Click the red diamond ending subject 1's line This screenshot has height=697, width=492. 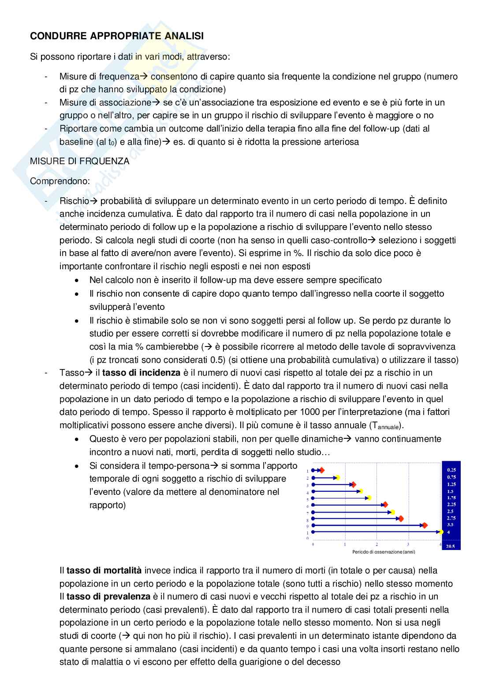coord(322,470)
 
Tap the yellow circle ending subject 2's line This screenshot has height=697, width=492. coord(338,477)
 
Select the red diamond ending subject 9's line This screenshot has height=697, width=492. coord(425,525)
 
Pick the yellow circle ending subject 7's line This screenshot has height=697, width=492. coord(392,512)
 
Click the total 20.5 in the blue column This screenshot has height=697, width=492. coord(451,546)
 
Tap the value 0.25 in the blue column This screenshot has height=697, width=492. coord(451,470)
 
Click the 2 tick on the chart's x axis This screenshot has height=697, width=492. coord(376,544)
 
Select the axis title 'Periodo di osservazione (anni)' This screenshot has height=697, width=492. coord(384,552)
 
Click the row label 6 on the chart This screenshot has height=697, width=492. coord(308,506)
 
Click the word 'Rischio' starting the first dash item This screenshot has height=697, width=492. coord(74,201)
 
